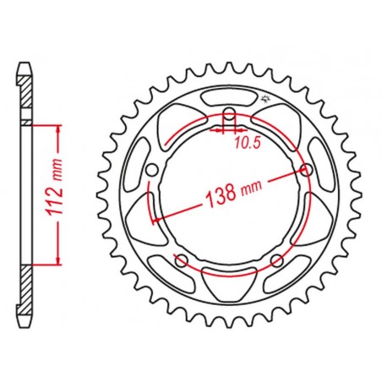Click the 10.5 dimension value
click(x=247, y=144)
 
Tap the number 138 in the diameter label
click(x=221, y=194)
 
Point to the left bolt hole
click(x=152, y=170)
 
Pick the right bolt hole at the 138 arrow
click(x=306, y=170)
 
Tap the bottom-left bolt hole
click(x=181, y=260)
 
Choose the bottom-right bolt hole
click(x=277, y=260)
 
